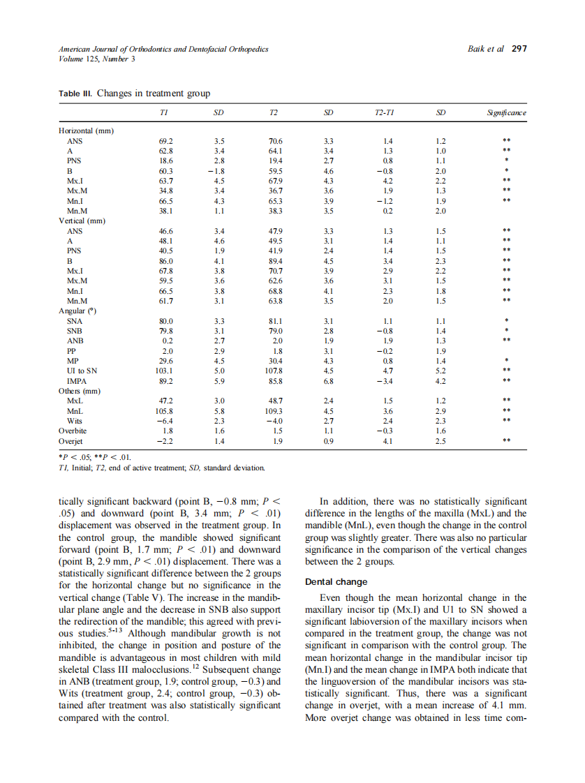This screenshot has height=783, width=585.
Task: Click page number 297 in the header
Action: tap(519, 50)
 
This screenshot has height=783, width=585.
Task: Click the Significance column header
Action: tap(507, 112)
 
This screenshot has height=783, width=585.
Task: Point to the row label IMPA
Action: tap(77, 382)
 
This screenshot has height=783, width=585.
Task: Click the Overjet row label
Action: tap(71, 442)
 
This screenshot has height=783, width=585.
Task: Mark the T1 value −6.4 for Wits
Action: tap(164, 422)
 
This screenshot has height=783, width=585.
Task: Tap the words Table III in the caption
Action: tap(75, 94)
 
